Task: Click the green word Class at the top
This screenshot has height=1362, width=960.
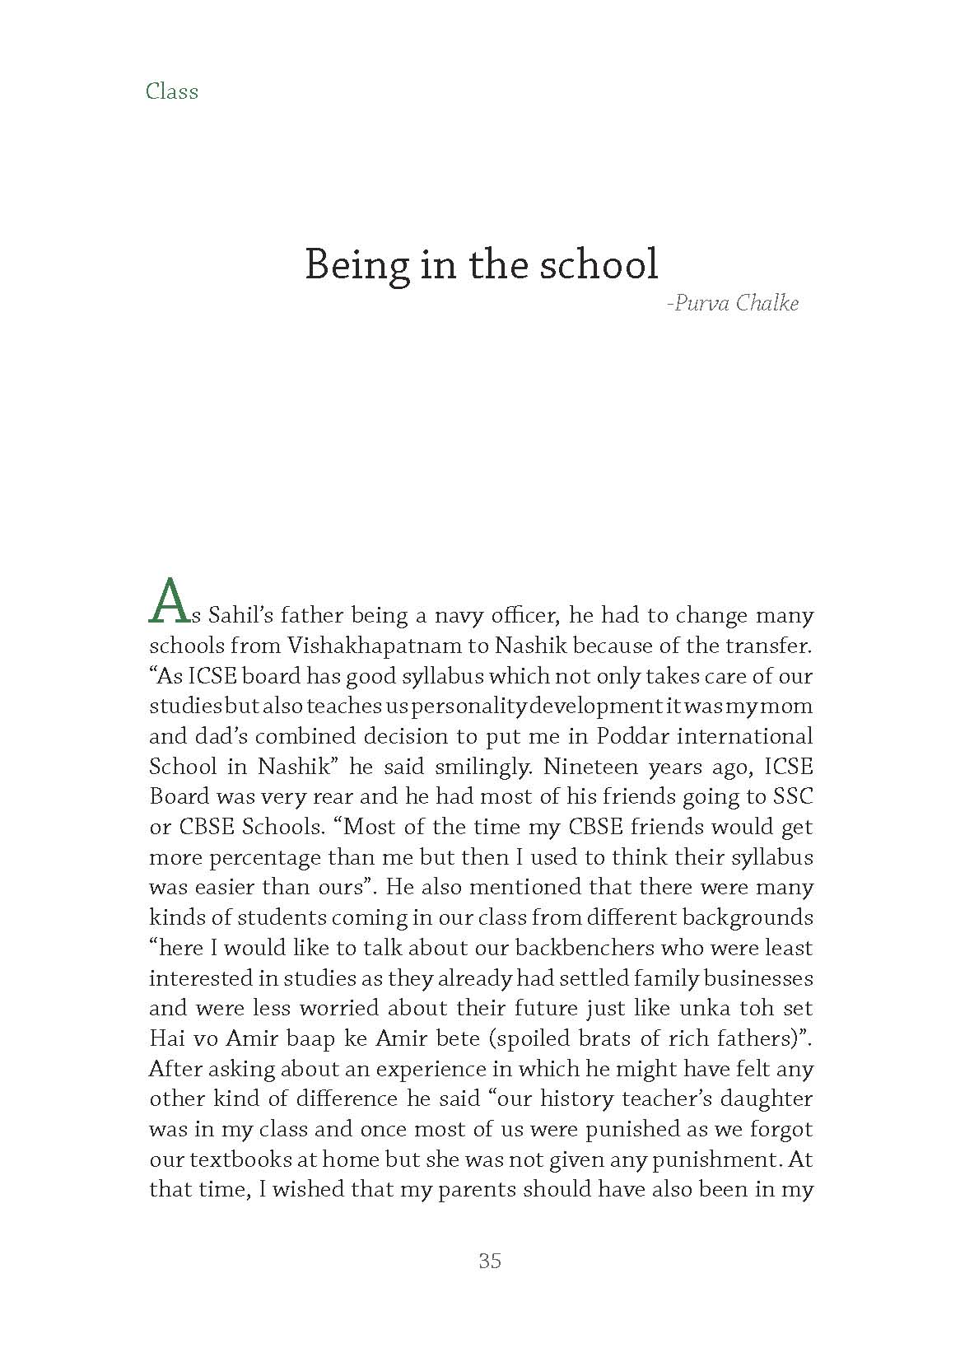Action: coord(172,91)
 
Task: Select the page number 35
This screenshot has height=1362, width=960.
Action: coord(489,1261)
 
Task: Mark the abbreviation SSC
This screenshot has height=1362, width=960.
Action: coord(791,797)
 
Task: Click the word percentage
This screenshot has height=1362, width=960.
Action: coord(264,857)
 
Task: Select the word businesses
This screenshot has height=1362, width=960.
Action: coord(760,978)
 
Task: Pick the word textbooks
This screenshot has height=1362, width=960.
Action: coord(241,1159)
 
